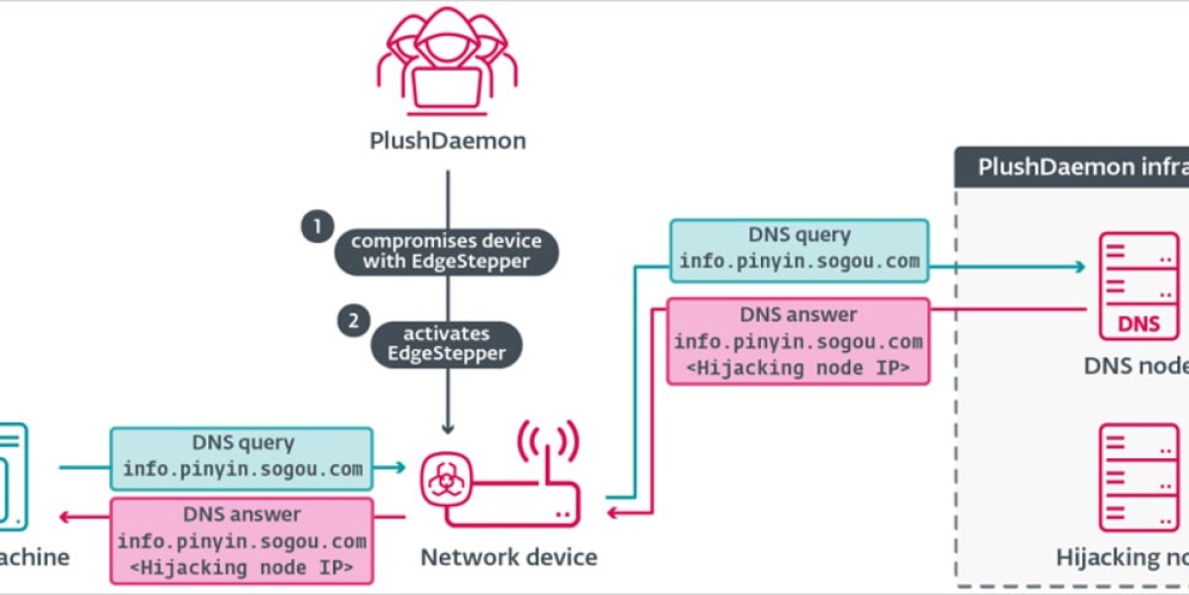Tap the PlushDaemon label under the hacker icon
(x=447, y=141)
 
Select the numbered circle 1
(x=317, y=226)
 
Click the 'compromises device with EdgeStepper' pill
(x=447, y=251)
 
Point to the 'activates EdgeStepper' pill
(x=447, y=343)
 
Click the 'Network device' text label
(x=508, y=557)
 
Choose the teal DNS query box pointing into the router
(x=242, y=457)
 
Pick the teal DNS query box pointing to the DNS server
(x=799, y=250)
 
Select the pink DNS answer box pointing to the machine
(x=242, y=540)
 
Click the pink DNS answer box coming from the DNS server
(x=799, y=342)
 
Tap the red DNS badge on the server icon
(x=1138, y=323)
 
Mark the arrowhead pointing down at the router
(x=447, y=428)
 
